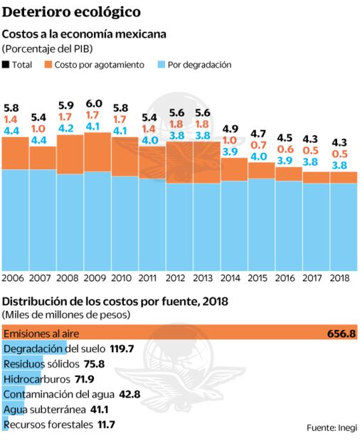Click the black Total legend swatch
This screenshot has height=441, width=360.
[x=6, y=64]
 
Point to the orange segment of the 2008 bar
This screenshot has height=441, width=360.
[x=69, y=154]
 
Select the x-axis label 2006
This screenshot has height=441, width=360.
[x=14, y=277]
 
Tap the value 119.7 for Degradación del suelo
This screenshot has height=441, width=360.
[x=102, y=349]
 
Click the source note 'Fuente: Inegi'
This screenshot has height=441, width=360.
[x=332, y=427]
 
